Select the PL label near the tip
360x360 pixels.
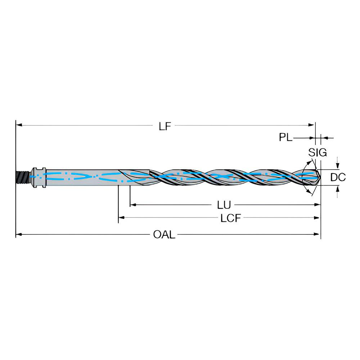pos(285,137)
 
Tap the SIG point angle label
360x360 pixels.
pos(317,153)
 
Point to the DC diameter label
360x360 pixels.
pos(338,177)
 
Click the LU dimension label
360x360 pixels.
pos(224,205)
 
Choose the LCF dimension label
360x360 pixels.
pos(230,218)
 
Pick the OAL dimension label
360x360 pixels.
pos(164,235)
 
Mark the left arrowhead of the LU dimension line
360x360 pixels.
pos(132,205)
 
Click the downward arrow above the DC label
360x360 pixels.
pos(337,166)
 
